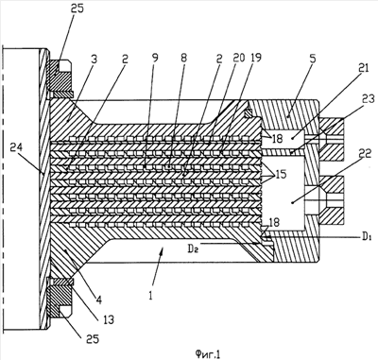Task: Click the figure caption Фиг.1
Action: tap(207, 354)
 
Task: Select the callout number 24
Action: tap(17, 146)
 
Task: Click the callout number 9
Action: tap(155, 58)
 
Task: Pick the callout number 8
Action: tap(184, 58)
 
